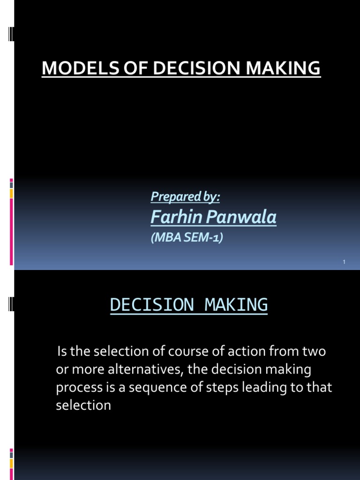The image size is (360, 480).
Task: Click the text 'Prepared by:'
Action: pos(185,197)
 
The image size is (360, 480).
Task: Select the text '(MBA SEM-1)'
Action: pos(187,238)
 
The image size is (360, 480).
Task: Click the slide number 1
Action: pos(344,262)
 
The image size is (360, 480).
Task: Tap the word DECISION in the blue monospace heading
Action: pos(151,305)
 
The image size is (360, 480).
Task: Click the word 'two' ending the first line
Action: pos(315,352)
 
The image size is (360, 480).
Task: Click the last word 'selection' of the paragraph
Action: pos(83,405)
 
